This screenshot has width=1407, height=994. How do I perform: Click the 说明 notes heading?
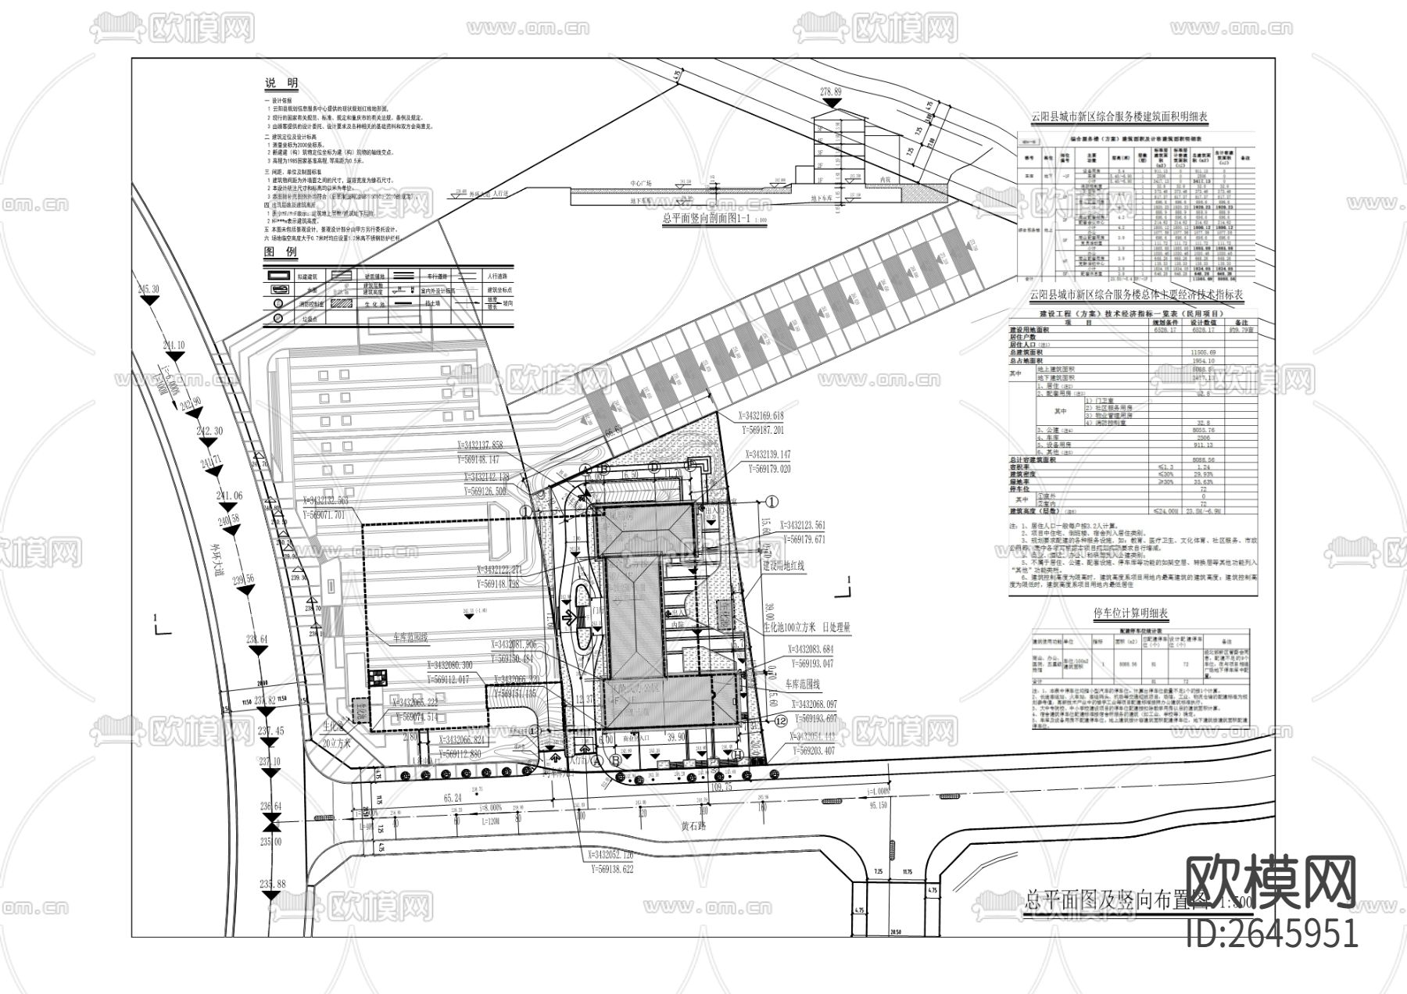[281, 84]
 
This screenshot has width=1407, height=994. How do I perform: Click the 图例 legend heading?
[281, 253]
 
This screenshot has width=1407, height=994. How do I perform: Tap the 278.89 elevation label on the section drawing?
[830, 91]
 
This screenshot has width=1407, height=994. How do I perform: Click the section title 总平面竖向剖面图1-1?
[705, 220]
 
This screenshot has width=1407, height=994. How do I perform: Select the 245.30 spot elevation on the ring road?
[149, 289]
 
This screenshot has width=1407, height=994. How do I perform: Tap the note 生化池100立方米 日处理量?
[807, 627]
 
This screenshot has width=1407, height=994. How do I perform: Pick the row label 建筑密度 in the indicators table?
[1027, 474]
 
